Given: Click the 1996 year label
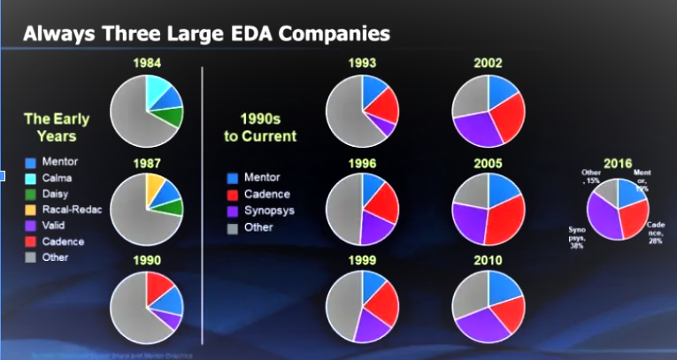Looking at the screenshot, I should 362,164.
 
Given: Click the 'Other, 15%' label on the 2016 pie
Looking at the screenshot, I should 592,177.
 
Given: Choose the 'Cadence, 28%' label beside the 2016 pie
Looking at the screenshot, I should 658,233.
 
